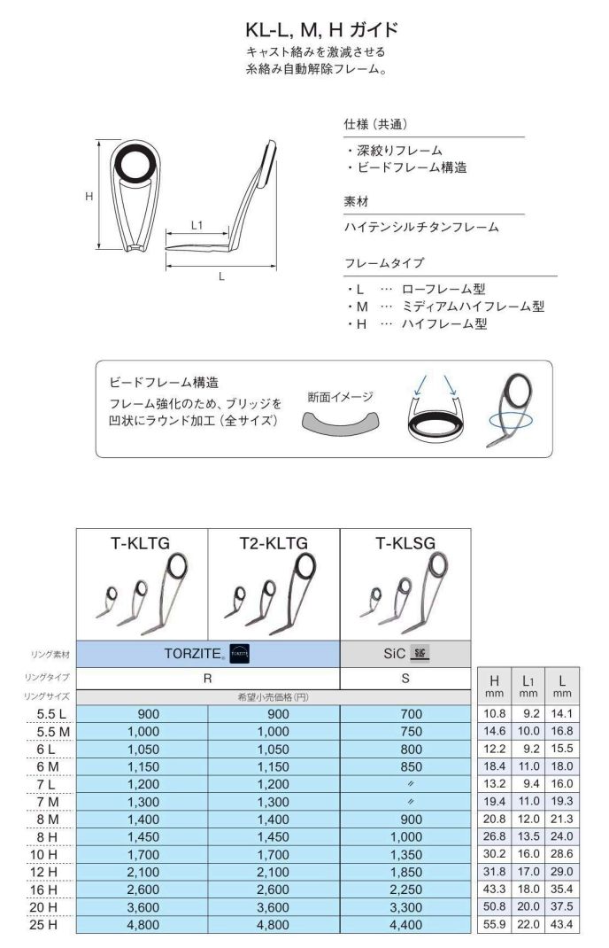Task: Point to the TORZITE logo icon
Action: coord(240,655)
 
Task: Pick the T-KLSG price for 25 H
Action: coord(405,925)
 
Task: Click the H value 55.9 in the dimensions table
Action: coord(495,925)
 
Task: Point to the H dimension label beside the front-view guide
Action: coord(89,197)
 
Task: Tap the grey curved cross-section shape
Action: coord(340,423)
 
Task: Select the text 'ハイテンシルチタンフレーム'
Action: coord(421,228)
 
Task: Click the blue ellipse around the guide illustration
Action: coord(508,418)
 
